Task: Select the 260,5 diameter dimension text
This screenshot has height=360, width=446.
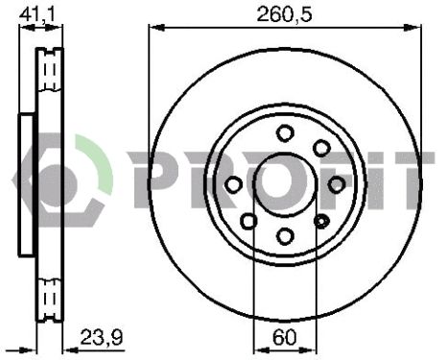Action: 284,13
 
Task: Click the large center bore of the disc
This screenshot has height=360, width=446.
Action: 284,182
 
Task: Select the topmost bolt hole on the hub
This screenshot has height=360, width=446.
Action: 285,132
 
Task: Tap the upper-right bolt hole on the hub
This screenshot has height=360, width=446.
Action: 321,148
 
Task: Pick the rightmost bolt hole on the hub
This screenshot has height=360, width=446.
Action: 337,183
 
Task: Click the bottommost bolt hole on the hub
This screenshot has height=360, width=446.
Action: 285,235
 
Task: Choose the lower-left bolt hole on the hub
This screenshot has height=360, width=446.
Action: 248,222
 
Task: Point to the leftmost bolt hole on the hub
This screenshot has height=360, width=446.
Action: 232,184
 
